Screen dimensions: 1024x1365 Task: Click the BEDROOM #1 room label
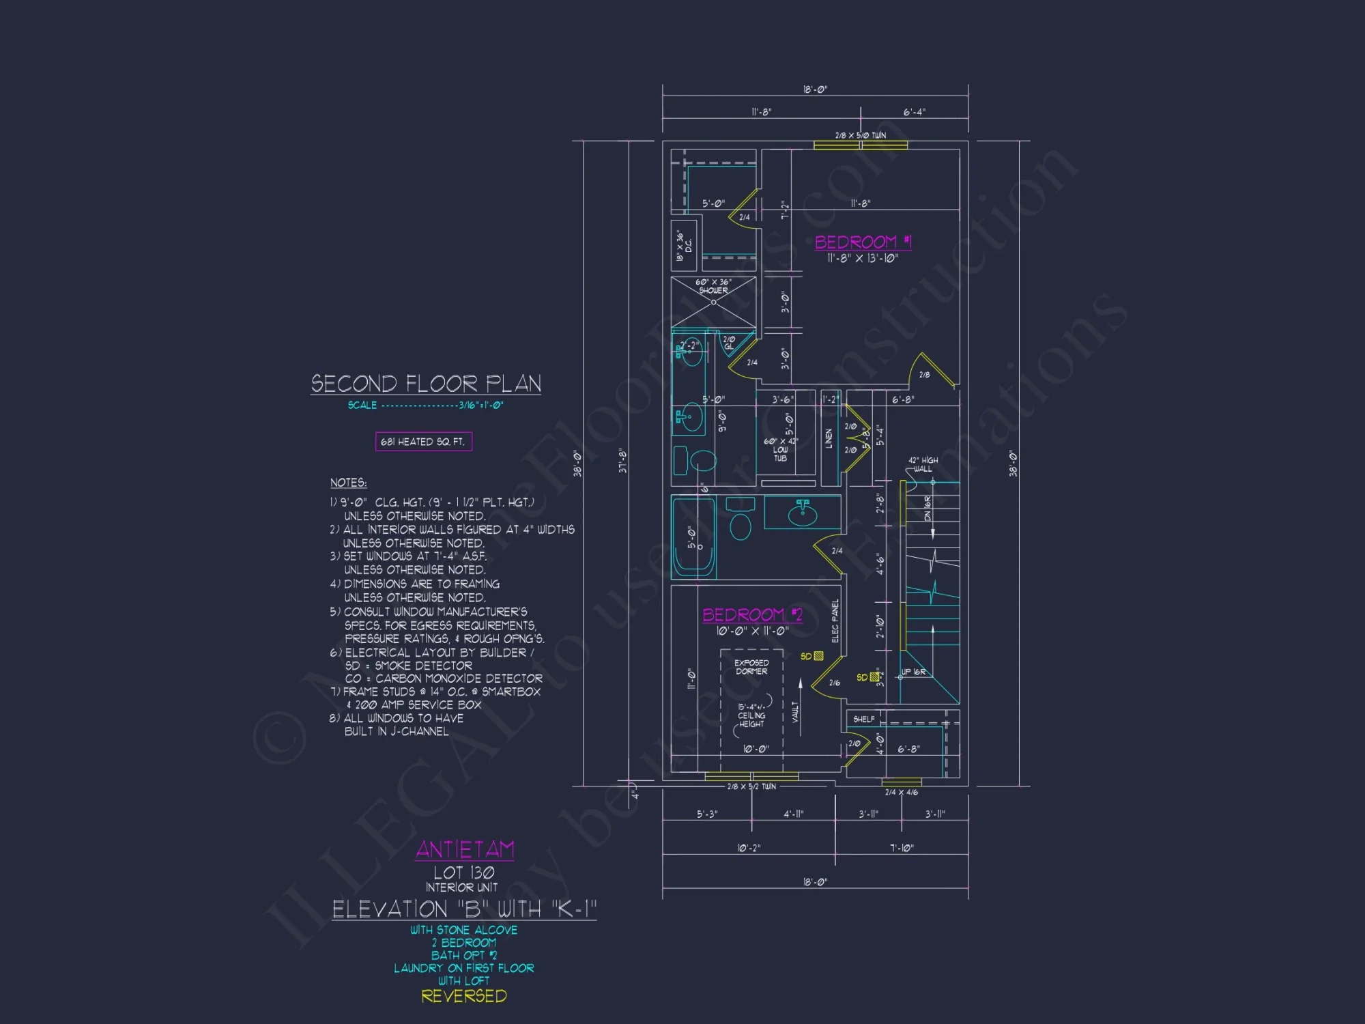[x=863, y=242]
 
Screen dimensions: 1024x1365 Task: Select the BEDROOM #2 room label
[x=752, y=615]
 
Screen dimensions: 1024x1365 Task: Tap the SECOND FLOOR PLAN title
[x=426, y=384]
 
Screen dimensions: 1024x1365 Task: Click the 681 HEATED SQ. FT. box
[x=423, y=442]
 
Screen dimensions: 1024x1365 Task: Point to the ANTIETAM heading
[x=465, y=849]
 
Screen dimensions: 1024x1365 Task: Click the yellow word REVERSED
[x=464, y=996]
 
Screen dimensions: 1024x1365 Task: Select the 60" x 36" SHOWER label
[x=713, y=286]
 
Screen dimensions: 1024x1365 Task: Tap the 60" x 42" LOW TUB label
[x=780, y=449]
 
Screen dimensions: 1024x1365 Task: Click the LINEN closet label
[x=829, y=438]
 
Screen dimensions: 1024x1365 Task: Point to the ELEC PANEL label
[x=835, y=621]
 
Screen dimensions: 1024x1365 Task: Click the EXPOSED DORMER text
[x=751, y=667]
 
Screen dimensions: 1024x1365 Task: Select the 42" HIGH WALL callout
[x=923, y=464]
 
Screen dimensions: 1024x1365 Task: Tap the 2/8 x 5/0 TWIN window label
[x=861, y=135]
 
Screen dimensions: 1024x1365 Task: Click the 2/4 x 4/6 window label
[x=901, y=793]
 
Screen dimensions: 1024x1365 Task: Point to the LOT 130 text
[x=464, y=872]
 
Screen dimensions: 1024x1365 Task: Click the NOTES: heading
[x=348, y=483]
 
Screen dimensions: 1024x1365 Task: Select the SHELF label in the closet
[x=863, y=719]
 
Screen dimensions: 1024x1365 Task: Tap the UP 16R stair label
[x=913, y=672]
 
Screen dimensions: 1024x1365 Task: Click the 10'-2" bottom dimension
[x=749, y=848]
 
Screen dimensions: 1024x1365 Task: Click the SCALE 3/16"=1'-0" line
[x=426, y=405]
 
